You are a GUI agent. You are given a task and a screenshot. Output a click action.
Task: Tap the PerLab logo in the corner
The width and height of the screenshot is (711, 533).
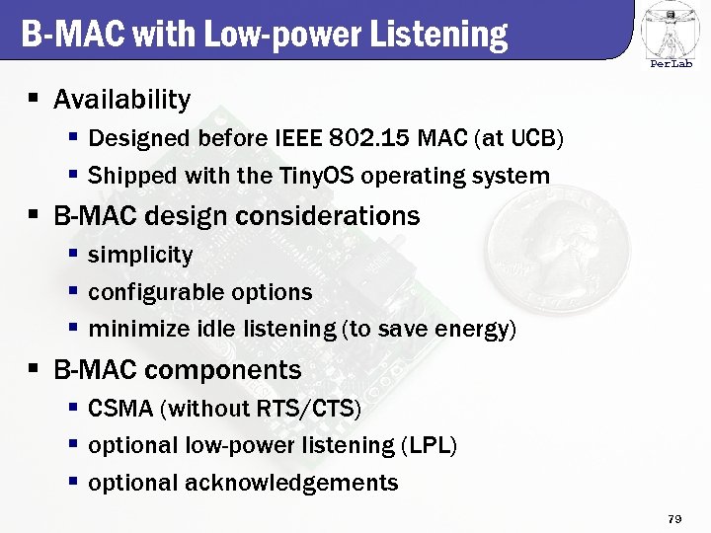point(671,34)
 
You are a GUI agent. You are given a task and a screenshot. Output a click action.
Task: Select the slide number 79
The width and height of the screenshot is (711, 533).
point(675,518)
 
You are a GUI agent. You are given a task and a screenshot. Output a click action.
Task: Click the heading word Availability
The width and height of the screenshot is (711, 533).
point(121,100)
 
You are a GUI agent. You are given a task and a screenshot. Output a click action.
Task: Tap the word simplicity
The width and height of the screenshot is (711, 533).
point(140,255)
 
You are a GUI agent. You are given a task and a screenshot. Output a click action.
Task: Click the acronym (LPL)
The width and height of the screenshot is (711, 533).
point(429,445)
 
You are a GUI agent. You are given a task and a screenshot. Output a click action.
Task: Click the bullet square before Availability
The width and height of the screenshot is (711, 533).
point(33,99)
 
